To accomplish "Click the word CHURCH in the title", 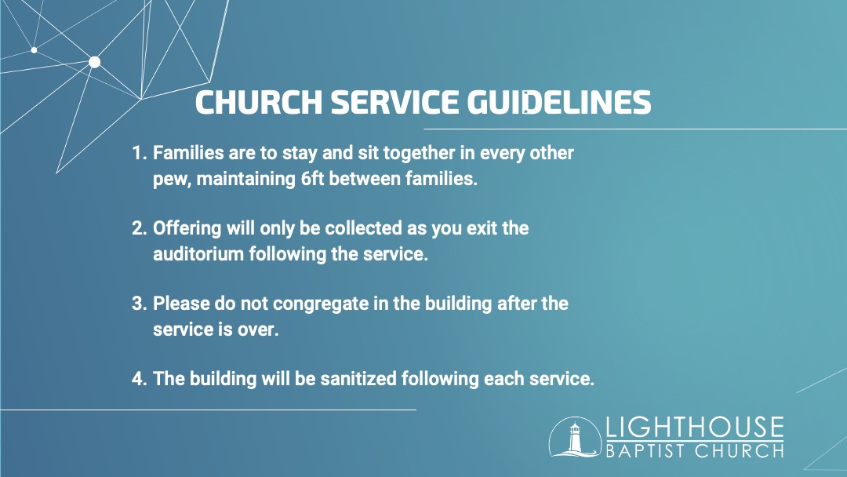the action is (258, 102).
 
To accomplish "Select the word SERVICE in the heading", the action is (394, 102).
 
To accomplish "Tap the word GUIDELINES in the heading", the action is (559, 102).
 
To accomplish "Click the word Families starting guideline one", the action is (188, 153).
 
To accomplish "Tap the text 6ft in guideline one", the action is (312, 179).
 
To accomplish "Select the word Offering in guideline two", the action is (187, 228).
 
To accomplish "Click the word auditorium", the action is (198, 254).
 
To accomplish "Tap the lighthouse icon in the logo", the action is (575, 437).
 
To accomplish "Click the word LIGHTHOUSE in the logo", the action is (695, 427).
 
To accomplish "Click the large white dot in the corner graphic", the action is (95, 62).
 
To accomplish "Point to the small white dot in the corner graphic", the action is (34, 50).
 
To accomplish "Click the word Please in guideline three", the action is (181, 304).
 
